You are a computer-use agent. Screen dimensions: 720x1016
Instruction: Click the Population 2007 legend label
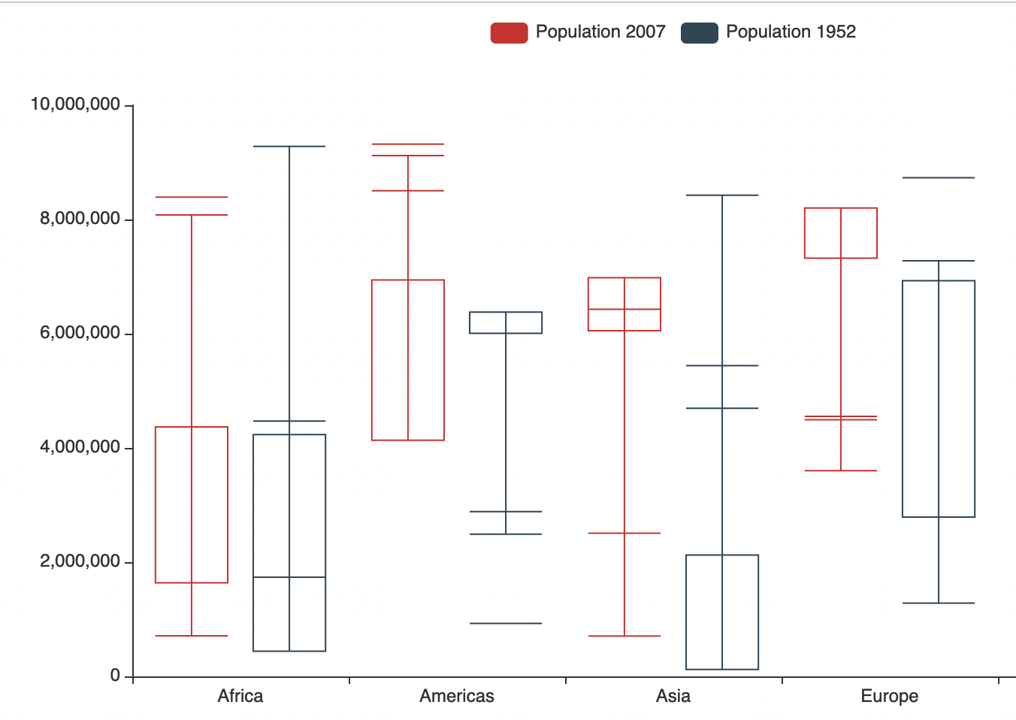(x=600, y=32)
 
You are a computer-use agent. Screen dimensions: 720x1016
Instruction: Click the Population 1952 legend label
(x=791, y=32)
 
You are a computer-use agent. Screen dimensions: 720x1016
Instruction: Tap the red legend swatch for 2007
(x=509, y=33)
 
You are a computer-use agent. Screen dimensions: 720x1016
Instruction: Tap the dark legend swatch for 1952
(x=699, y=33)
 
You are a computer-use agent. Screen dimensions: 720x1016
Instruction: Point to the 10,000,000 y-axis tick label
(x=75, y=104)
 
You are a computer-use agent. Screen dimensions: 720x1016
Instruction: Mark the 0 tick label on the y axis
(x=115, y=676)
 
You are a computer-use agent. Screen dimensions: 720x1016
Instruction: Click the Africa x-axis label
(x=240, y=696)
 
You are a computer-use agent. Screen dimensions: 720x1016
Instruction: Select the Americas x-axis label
(x=457, y=696)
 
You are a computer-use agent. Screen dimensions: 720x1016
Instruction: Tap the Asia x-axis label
(x=673, y=696)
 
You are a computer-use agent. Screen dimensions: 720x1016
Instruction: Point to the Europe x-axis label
(x=890, y=696)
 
